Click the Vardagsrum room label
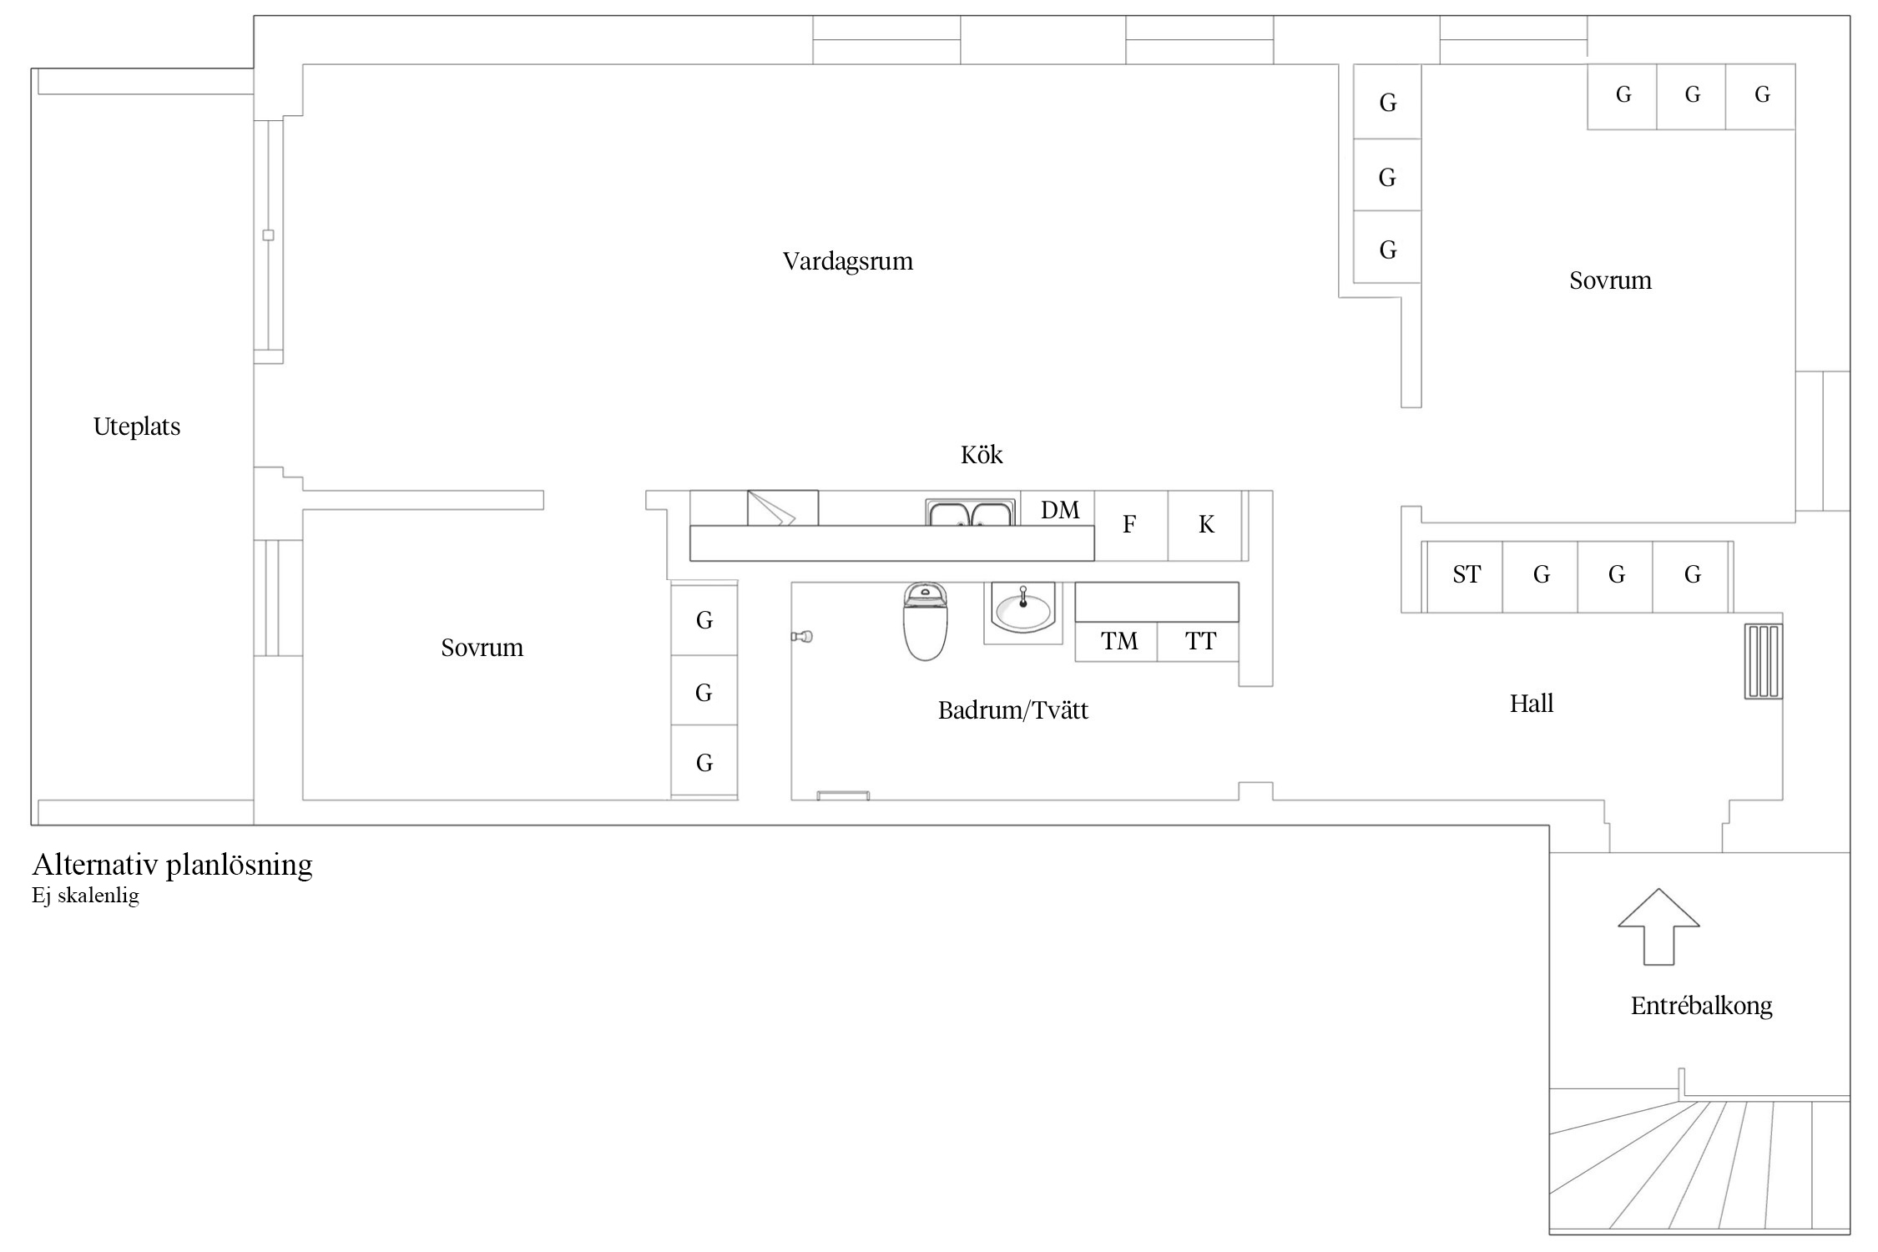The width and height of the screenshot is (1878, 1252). [x=847, y=261]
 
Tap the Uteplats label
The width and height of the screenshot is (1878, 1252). [x=137, y=427]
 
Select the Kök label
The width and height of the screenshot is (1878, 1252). [x=982, y=455]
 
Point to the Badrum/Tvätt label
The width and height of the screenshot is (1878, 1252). [x=1013, y=710]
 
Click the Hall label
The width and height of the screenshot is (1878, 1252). [x=1532, y=704]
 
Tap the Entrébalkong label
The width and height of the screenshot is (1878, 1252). [x=1701, y=1006]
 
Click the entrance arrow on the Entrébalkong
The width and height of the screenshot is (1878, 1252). [x=1658, y=927]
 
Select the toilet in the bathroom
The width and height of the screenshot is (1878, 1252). [x=925, y=621]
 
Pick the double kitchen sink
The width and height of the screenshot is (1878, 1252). [x=971, y=512]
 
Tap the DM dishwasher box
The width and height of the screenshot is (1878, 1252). [x=1058, y=508]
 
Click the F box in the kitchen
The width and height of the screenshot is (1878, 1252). [x=1131, y=525]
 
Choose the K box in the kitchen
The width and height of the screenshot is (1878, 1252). [x=1205, y=525]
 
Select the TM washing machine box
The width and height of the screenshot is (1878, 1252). [x=1117, y=642]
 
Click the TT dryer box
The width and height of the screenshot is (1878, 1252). [x=1199, y=642]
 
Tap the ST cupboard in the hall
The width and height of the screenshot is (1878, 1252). [x=1466, y=576]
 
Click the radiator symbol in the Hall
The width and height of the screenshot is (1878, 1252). [x=1764, y=660]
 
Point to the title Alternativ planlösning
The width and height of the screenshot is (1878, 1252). [x=172, y=865]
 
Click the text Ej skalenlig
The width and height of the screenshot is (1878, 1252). [x=85, y=896]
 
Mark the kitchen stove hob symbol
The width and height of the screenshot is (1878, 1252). [x=782, y=508]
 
